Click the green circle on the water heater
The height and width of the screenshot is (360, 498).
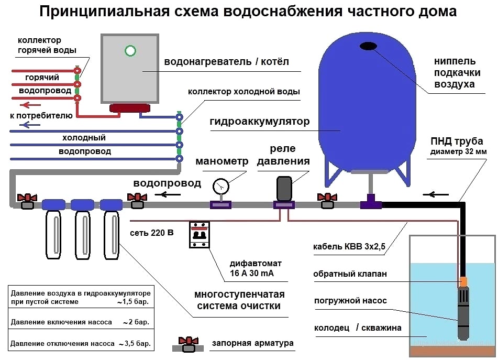click(x=130, y=51)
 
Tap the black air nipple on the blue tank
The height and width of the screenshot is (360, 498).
click(x=369, y=46)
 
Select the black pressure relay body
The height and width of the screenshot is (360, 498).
click(x=284, y=189)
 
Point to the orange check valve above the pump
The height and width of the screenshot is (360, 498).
click(x=463, y=281)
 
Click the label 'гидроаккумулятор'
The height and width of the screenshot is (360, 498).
click(x=260, y=122)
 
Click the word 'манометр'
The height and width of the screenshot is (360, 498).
click(x=222, y=161)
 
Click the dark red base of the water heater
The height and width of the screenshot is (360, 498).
click(x=130, y=108)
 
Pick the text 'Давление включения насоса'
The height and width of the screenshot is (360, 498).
click(x=61, y=322)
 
